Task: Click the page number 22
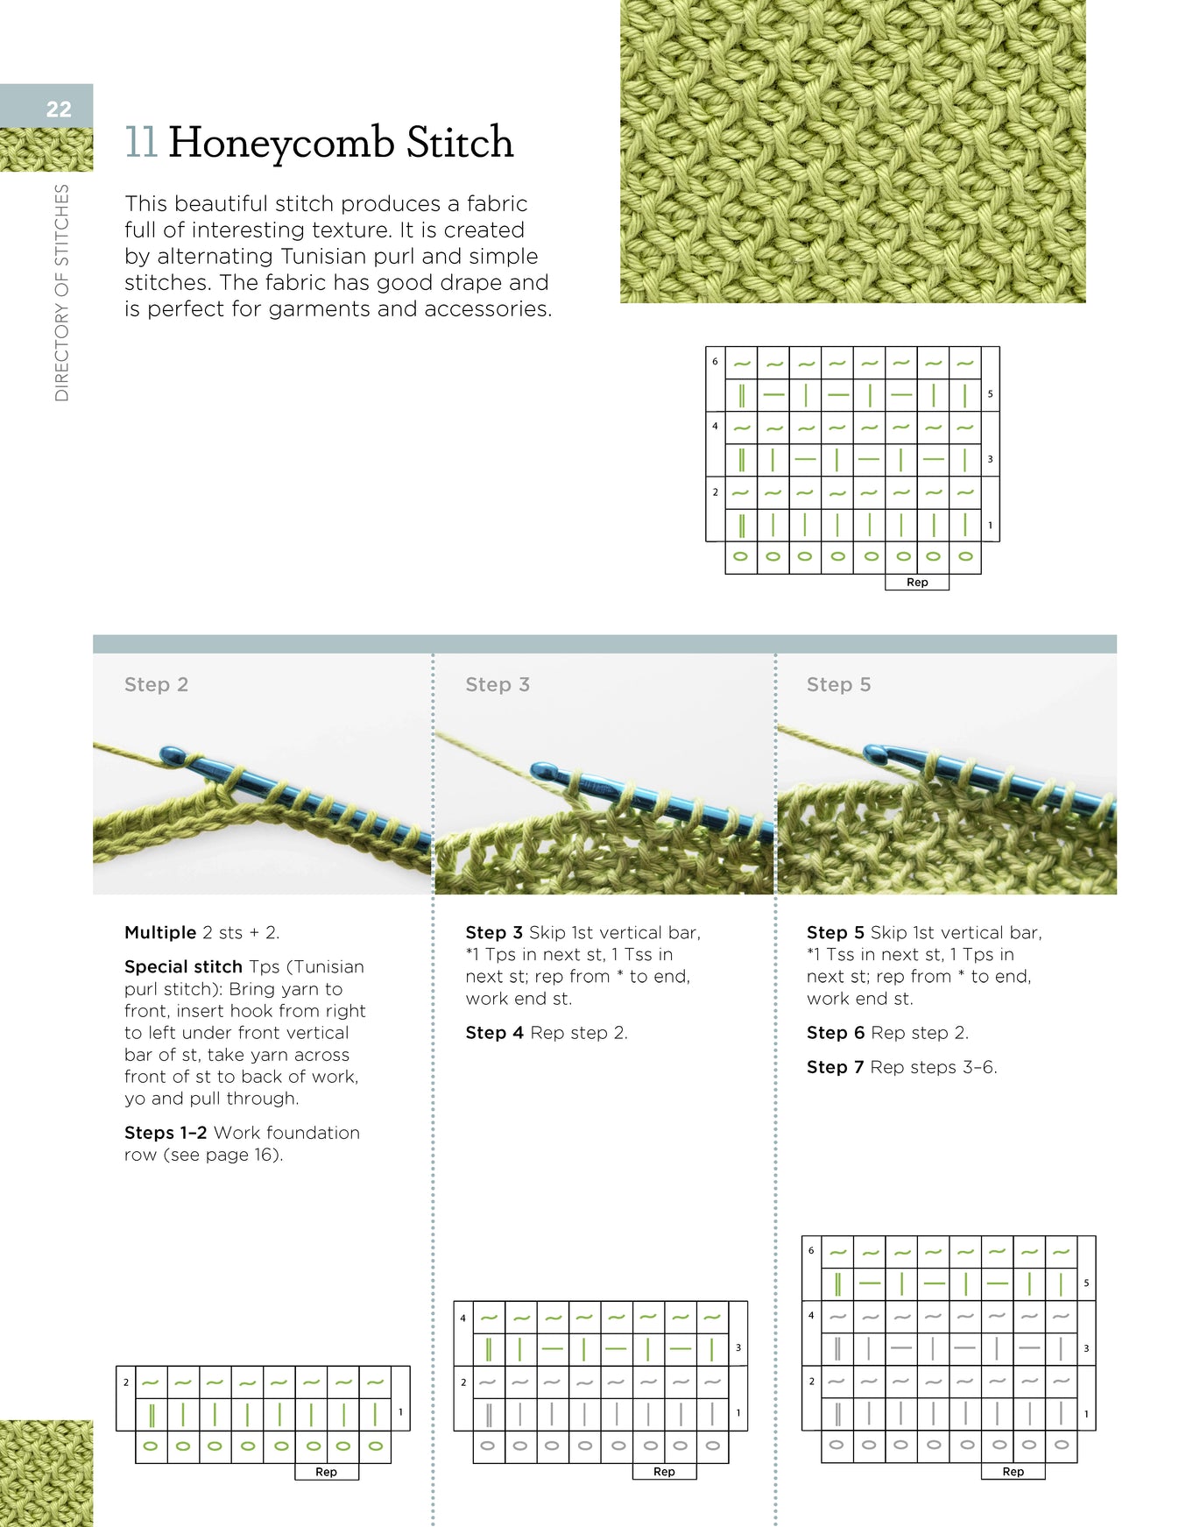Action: coord(59,110)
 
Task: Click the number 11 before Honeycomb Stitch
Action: coord(141,142)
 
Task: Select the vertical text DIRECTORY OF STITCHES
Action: coord(61,293)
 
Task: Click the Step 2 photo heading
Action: coord(156,685)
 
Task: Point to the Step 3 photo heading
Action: coord(497,685)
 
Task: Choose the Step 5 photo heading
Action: coord(838,685)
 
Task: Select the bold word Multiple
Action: coord(160,932)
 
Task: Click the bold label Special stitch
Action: coord(183,966)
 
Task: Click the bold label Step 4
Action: coord(494,1033)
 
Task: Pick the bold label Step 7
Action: coord(835,1067)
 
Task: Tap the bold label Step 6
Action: coord(835,1033)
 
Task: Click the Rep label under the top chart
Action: coord(916,583)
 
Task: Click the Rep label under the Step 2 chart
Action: coord(326,1472)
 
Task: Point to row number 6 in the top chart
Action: coord(715,361)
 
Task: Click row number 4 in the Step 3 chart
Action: coord(463,1318)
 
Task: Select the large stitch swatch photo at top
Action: coord(852,151)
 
